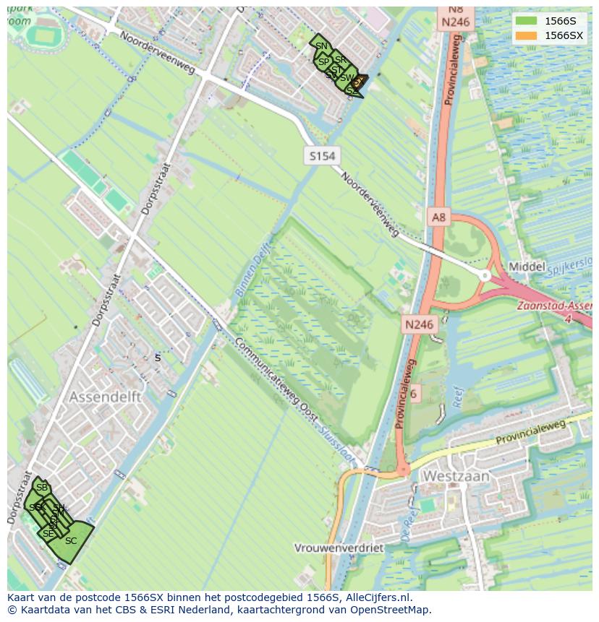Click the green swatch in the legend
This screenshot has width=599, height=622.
click(x=527, y=21)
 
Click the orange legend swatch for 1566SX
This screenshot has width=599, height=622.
click(x=527, y=35)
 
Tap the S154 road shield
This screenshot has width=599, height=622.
click(x=322, y=156)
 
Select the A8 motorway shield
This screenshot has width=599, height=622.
click(x=439, y=217)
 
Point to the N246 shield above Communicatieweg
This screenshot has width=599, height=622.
click(x=419, y=324)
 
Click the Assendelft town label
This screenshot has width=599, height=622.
click(x=105, y=397)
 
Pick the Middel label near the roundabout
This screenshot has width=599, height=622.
click(x=527, y=267)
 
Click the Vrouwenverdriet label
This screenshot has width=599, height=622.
click(x=339, y=548)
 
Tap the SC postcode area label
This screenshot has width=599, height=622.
click(x=70, y=540)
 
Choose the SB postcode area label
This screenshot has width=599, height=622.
click(x=41, y=488)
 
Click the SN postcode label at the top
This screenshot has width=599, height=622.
click(x=321, y=46)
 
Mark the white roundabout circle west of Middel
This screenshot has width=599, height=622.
click(x=485, y=275)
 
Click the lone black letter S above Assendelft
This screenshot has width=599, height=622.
click(x=158, y=358)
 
